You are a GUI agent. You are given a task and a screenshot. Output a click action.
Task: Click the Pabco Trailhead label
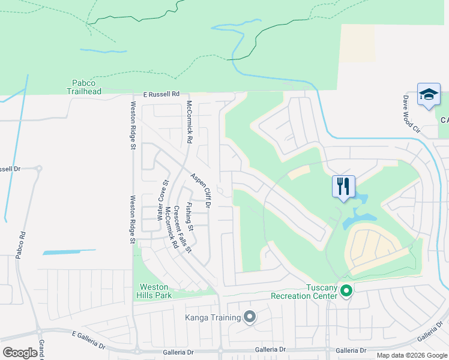(x=83, y=87)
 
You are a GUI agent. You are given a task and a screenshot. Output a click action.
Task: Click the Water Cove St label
(x=163, y=199)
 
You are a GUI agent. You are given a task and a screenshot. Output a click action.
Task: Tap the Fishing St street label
(x=189, y=217)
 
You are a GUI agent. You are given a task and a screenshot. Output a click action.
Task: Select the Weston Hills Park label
(x=155, y=291)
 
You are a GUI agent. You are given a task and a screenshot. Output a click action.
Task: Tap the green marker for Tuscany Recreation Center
(x=346, y=291)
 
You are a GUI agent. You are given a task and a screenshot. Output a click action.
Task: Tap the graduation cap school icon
(x=429, y=95)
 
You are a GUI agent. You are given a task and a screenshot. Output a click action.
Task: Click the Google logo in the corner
(x=20, y=353)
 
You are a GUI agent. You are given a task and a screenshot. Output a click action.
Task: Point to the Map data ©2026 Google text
(x=412, y=355)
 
